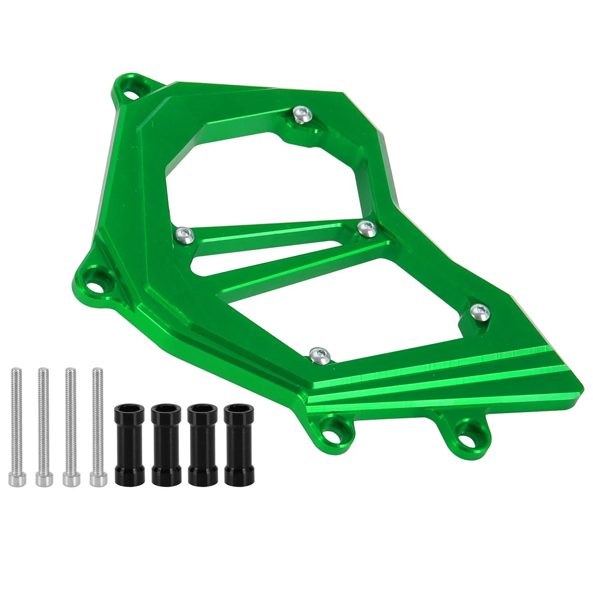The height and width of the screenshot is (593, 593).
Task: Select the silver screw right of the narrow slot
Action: tap(368, 227)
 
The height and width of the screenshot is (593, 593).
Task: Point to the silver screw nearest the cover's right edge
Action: tap(478, 310)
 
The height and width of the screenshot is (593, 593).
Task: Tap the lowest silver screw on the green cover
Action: tap(320, 355)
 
